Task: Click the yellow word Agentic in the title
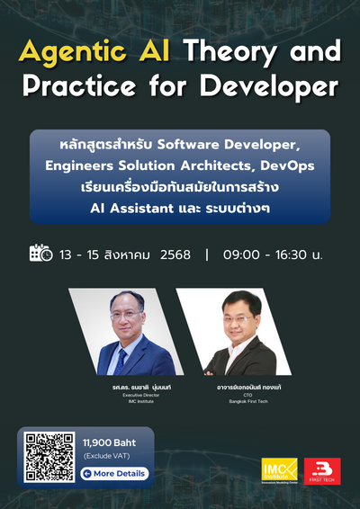coord(77,51)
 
